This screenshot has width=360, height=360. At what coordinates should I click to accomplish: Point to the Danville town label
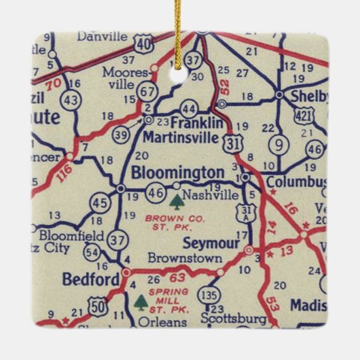point(102,35)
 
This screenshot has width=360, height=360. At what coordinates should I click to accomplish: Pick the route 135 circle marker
point(209,295)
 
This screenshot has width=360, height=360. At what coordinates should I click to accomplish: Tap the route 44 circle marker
point(190,109)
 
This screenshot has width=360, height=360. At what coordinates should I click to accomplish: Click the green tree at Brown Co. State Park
point(177,202)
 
